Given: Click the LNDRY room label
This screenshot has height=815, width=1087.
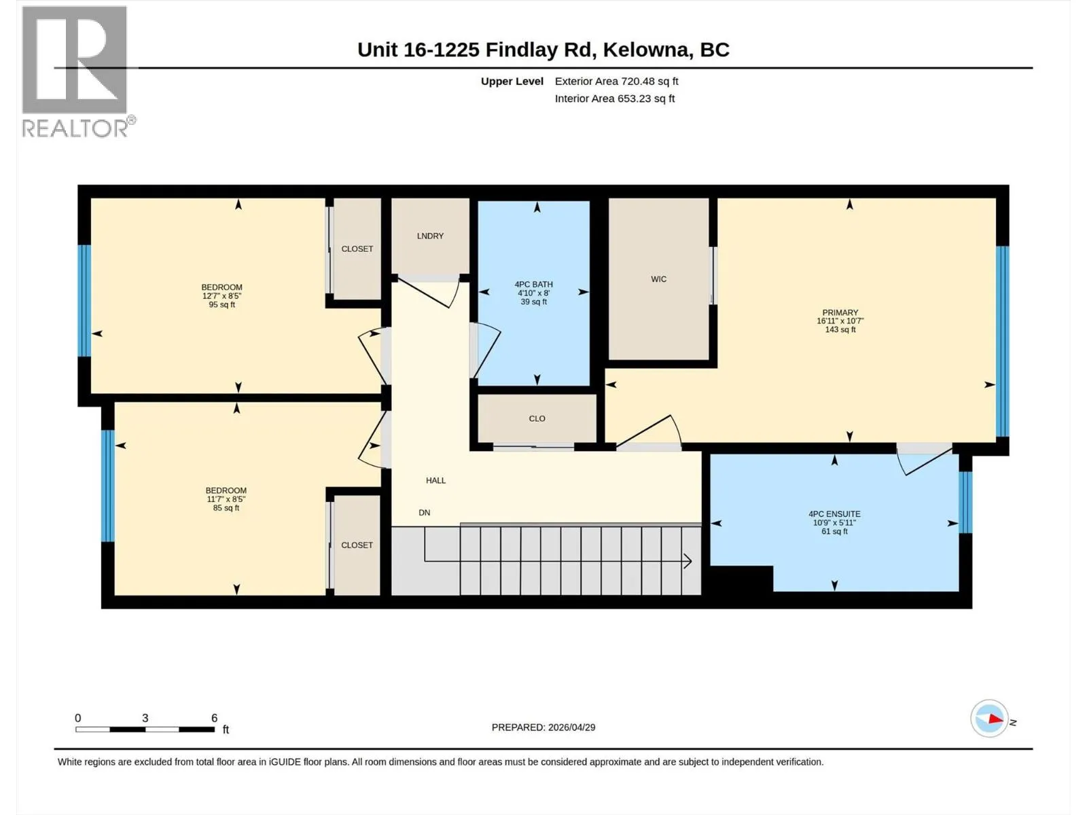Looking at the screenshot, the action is click(x=430, y=236).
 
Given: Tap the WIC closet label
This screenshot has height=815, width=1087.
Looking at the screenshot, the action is click(x=658, y=279).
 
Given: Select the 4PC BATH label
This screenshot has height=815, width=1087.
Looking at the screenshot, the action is click(x=533, y=285).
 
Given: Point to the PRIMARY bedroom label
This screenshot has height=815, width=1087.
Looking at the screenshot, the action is click(x=840, y=312).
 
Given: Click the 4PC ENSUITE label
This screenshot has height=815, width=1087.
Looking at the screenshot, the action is click(x=834, y=514).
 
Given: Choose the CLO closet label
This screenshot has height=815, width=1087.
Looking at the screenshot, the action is click(x=537, y=418).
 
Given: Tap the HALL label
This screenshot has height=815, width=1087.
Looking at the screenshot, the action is click(x=435, y=480).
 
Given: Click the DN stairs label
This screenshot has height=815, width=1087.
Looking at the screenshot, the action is click(x=425, y=513).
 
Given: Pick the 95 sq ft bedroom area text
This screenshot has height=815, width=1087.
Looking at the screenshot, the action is click(x=222, y=305).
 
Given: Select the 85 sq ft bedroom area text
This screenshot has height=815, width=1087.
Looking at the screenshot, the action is click(x=226, y=508).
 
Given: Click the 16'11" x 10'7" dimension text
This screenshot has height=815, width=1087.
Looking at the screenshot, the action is click(x=840, y=321).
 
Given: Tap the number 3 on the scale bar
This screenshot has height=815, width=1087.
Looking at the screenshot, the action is click(x=145, y=718).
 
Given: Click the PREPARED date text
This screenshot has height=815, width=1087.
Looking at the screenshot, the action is click(x=543, y=727).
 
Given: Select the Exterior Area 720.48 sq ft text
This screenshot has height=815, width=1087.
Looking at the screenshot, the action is click(x=617, y=81).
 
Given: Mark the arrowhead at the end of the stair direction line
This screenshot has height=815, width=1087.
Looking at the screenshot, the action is click(x=688, y=561).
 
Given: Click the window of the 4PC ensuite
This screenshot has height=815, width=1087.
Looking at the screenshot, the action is click(x=965, y=503).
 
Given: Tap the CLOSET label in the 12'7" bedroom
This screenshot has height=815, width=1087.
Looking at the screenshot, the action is click(x=357, y=249).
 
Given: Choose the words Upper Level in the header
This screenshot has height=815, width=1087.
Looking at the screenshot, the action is click(x=512, y=81).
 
